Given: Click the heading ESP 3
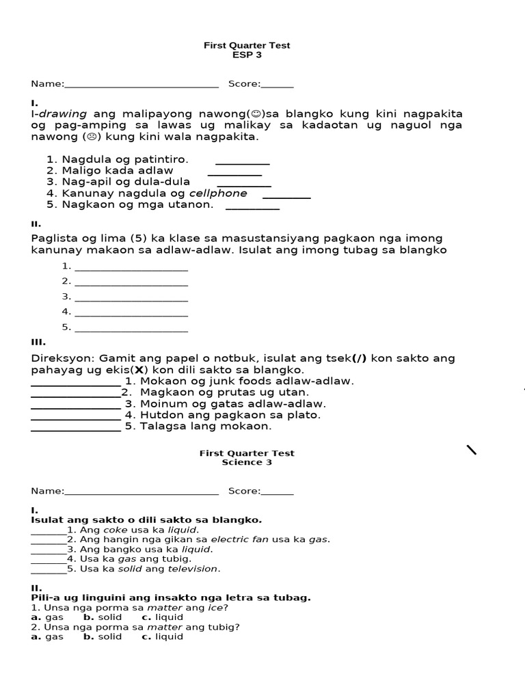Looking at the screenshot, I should coord(247,55).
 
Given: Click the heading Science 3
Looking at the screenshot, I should coord(247,462).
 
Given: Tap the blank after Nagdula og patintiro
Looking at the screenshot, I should coord(243,163).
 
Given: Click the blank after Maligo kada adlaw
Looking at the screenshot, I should coord(234,174).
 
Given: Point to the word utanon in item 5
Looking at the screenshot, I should coord(193,204).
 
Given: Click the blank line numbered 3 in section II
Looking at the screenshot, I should coord(131,299).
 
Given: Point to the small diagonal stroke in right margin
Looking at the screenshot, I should coord(472,449).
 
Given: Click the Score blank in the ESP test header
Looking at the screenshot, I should coord(277,85).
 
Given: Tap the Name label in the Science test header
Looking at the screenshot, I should coord(46,491).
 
